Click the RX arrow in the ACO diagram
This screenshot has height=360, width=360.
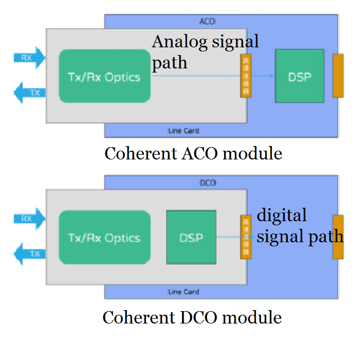coord(29,58)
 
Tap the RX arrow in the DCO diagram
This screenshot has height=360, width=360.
coord(29,219)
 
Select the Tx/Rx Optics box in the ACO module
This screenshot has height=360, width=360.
coord(104,76)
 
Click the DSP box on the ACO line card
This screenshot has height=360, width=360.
coord(299,76)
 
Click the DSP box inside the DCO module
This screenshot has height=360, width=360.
coord(191,237)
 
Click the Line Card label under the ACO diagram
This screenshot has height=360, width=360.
coord(184,131)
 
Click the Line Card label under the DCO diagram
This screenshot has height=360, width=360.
coord(184,292)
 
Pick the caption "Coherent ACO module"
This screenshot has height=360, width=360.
coord(193,153)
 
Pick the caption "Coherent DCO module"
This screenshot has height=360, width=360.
coord(192,317)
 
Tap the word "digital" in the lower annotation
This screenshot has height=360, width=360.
coord(282,214)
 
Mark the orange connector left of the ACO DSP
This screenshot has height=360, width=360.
coord(245,76)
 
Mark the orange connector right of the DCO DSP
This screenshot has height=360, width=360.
coord(245,237)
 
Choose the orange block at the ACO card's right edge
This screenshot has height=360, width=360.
coord(338,76)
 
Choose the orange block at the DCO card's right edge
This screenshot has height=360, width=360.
coord(338,237)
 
